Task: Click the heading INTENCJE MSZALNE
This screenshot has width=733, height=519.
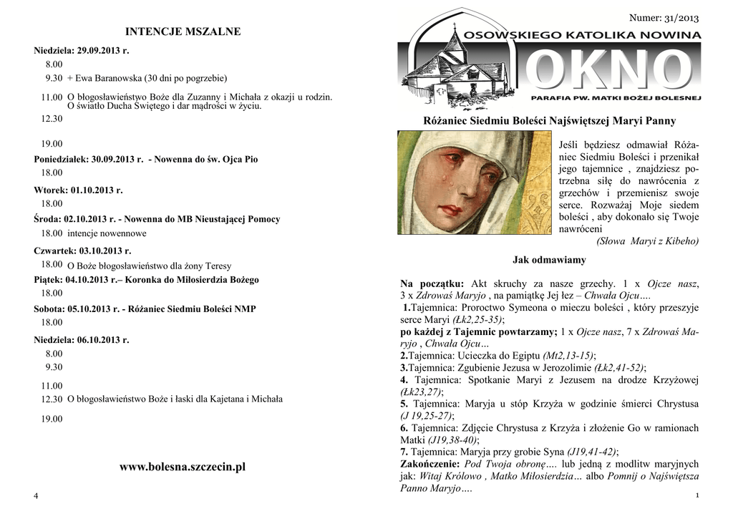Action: [x=183, y=31]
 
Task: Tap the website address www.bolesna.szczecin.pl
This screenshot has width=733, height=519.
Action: [x=183, y=467]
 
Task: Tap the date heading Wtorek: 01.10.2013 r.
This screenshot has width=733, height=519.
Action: [x=79, y=190]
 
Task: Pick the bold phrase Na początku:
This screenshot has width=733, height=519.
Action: [x=432, y=284]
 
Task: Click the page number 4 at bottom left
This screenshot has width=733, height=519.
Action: [x=36, y=497]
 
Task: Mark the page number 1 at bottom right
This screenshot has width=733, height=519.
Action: [x=696, y=496]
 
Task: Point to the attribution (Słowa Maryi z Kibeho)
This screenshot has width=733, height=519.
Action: [x=648, y=241]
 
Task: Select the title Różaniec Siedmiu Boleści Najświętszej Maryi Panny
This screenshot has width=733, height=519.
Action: [x=550, y=121]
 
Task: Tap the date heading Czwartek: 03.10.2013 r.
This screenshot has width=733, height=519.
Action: [x=82, y=251]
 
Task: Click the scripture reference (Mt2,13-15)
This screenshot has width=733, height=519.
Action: [x=569, y=355]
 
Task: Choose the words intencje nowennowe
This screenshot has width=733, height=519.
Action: [x=107, y=233]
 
